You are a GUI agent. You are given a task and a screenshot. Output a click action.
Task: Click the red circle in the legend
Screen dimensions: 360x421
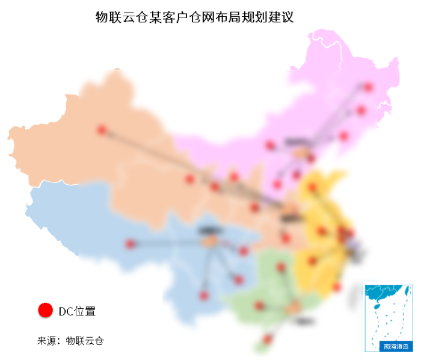click(45, 310)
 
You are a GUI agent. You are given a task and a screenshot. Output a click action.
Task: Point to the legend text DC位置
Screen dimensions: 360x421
click(77, 311)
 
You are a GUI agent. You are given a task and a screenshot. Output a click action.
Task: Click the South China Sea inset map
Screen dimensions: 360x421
click(388, 313)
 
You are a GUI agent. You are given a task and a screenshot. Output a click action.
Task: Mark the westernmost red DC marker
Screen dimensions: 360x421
click(102, 129)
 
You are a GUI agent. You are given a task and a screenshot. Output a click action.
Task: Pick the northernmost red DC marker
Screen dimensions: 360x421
click(368, 87)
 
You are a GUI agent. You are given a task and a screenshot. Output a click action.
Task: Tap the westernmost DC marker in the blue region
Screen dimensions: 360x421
click(130, 244)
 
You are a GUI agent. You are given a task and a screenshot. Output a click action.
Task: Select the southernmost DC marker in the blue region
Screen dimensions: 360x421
click(203, 296)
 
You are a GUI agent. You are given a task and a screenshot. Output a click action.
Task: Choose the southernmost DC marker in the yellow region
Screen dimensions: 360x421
click(337, 287)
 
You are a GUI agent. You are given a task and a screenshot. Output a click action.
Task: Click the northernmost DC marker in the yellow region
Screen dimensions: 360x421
click(312, 187)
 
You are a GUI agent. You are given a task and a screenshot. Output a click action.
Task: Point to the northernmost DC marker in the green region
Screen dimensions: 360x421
click(281, 267)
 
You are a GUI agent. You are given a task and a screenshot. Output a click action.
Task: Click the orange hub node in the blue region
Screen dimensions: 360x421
click(209, 240)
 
